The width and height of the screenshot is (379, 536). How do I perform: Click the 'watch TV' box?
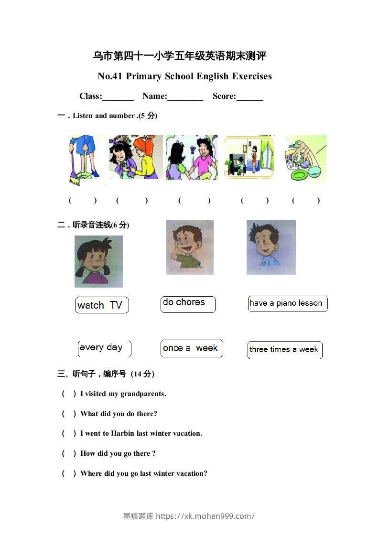(x=101, y=305)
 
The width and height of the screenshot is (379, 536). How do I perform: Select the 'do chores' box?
(x=188, y=304)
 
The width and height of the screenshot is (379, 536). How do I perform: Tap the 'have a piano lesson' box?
(x=287, y=303)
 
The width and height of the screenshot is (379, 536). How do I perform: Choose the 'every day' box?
(x=104, y=348)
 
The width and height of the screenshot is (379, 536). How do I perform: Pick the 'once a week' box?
(x=191, y=348)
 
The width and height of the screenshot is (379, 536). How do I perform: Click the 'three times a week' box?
(x=284, y=350)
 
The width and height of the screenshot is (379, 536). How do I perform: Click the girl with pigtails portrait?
(x=98, y=262)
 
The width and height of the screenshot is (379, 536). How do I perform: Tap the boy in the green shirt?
(x=190, y=247)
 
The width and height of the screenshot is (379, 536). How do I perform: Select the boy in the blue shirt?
(x=271, y=247)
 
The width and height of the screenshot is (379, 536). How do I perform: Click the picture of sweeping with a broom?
(x=85, y=160)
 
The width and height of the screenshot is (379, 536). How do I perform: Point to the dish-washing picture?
(x=305, y=160)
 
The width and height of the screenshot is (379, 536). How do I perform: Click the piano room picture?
(x=249, y=157)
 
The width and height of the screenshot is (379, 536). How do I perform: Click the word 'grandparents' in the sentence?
(x=142, y=394)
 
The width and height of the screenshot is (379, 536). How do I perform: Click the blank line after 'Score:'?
(x=249, y=97)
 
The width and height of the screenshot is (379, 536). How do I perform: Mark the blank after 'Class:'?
(x=118, y=97)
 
